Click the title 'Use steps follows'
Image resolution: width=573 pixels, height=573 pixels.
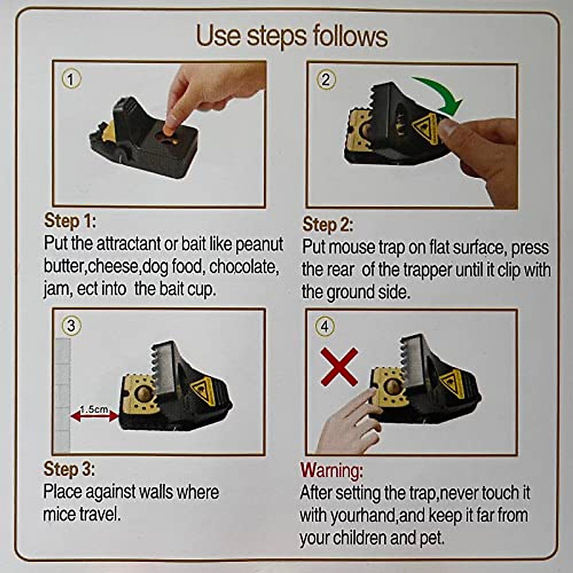coord(292,36)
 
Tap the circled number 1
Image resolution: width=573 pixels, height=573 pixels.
coord(71,79)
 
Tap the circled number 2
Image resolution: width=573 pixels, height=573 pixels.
coord(326,79)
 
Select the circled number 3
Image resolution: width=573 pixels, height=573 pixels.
coord(71,326)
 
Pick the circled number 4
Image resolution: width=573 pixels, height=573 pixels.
coord(325,327)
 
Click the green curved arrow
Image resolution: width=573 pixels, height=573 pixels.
coord(439,93)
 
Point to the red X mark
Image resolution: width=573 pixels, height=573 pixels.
coord(339,367)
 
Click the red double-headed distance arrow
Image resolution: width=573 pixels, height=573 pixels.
coord(94,416)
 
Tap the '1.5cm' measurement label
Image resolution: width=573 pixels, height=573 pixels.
coord(94,409)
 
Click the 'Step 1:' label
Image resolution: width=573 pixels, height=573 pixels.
coord(70,222)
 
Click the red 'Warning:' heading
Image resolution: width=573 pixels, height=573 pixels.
coord(331,471)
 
